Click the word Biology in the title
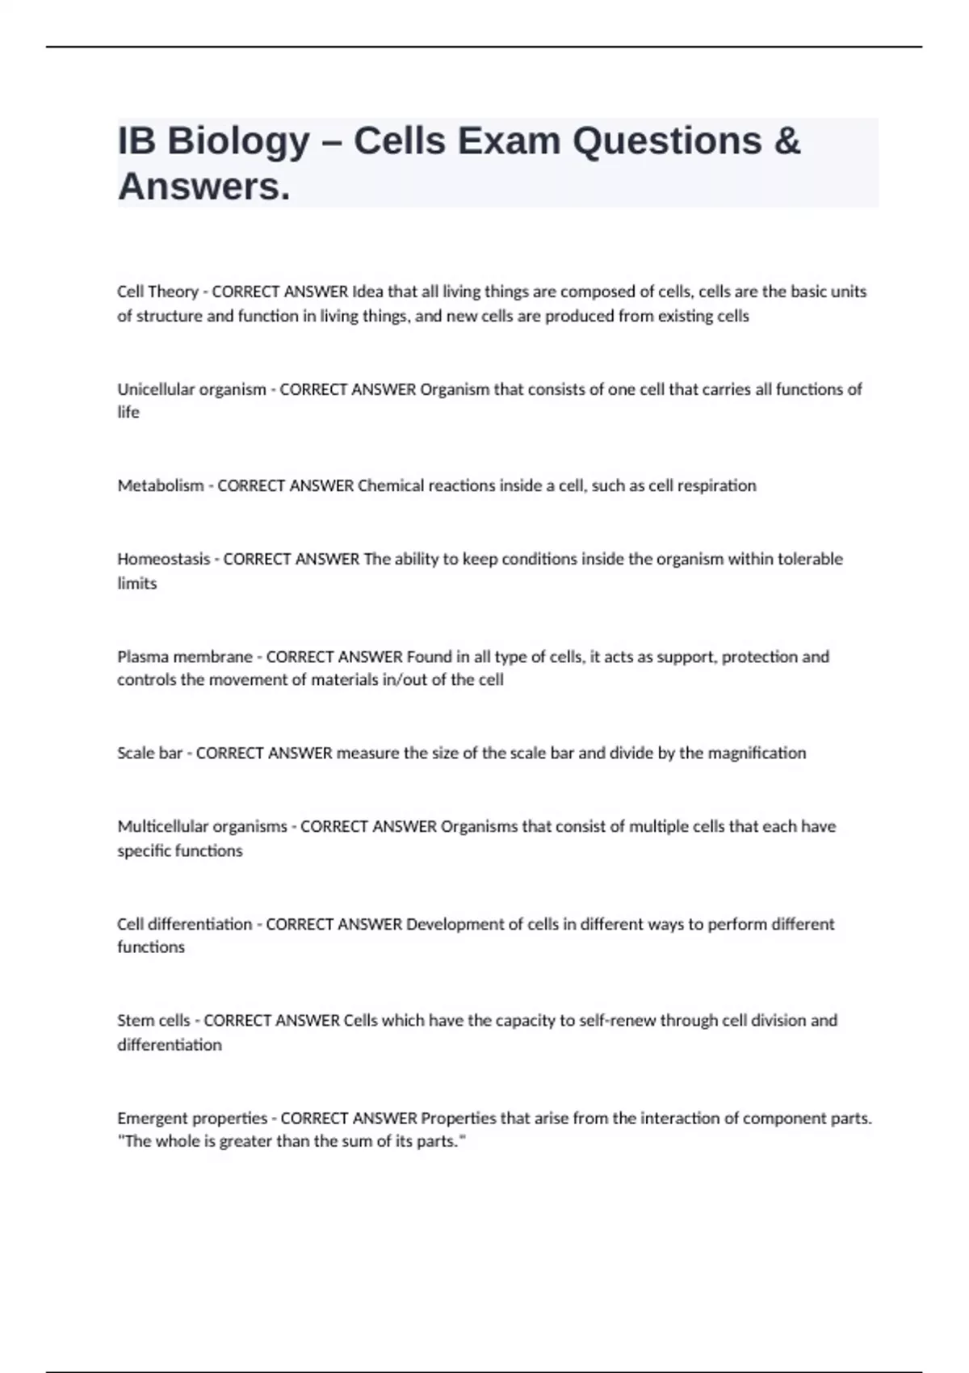click(x=238, y=142)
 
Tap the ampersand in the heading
click(x=787, y=141)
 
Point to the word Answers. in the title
click(x=203, y=187)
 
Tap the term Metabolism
click(x=161, y=485)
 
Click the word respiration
click(x=716, y=485)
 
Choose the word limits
click(x=137, y=583)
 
